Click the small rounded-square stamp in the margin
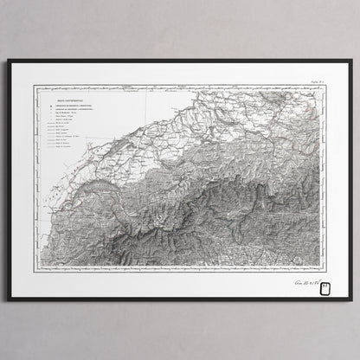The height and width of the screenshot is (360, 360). (x=325, y=286)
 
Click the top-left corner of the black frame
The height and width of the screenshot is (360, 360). (x=8, y=61)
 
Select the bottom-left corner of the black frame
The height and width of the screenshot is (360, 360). (x=8, y=299)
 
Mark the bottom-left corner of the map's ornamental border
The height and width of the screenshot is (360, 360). (x=35, y=272)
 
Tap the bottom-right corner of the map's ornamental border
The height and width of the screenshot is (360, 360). (x=325, y=272)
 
